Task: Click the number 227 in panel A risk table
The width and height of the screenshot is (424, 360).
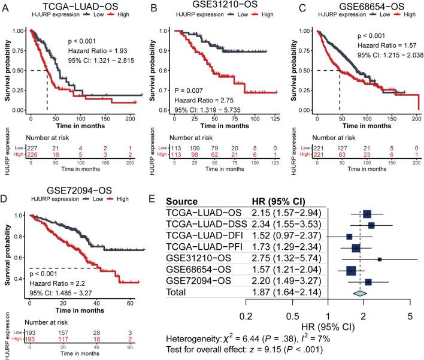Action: click(x=28, y=150)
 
